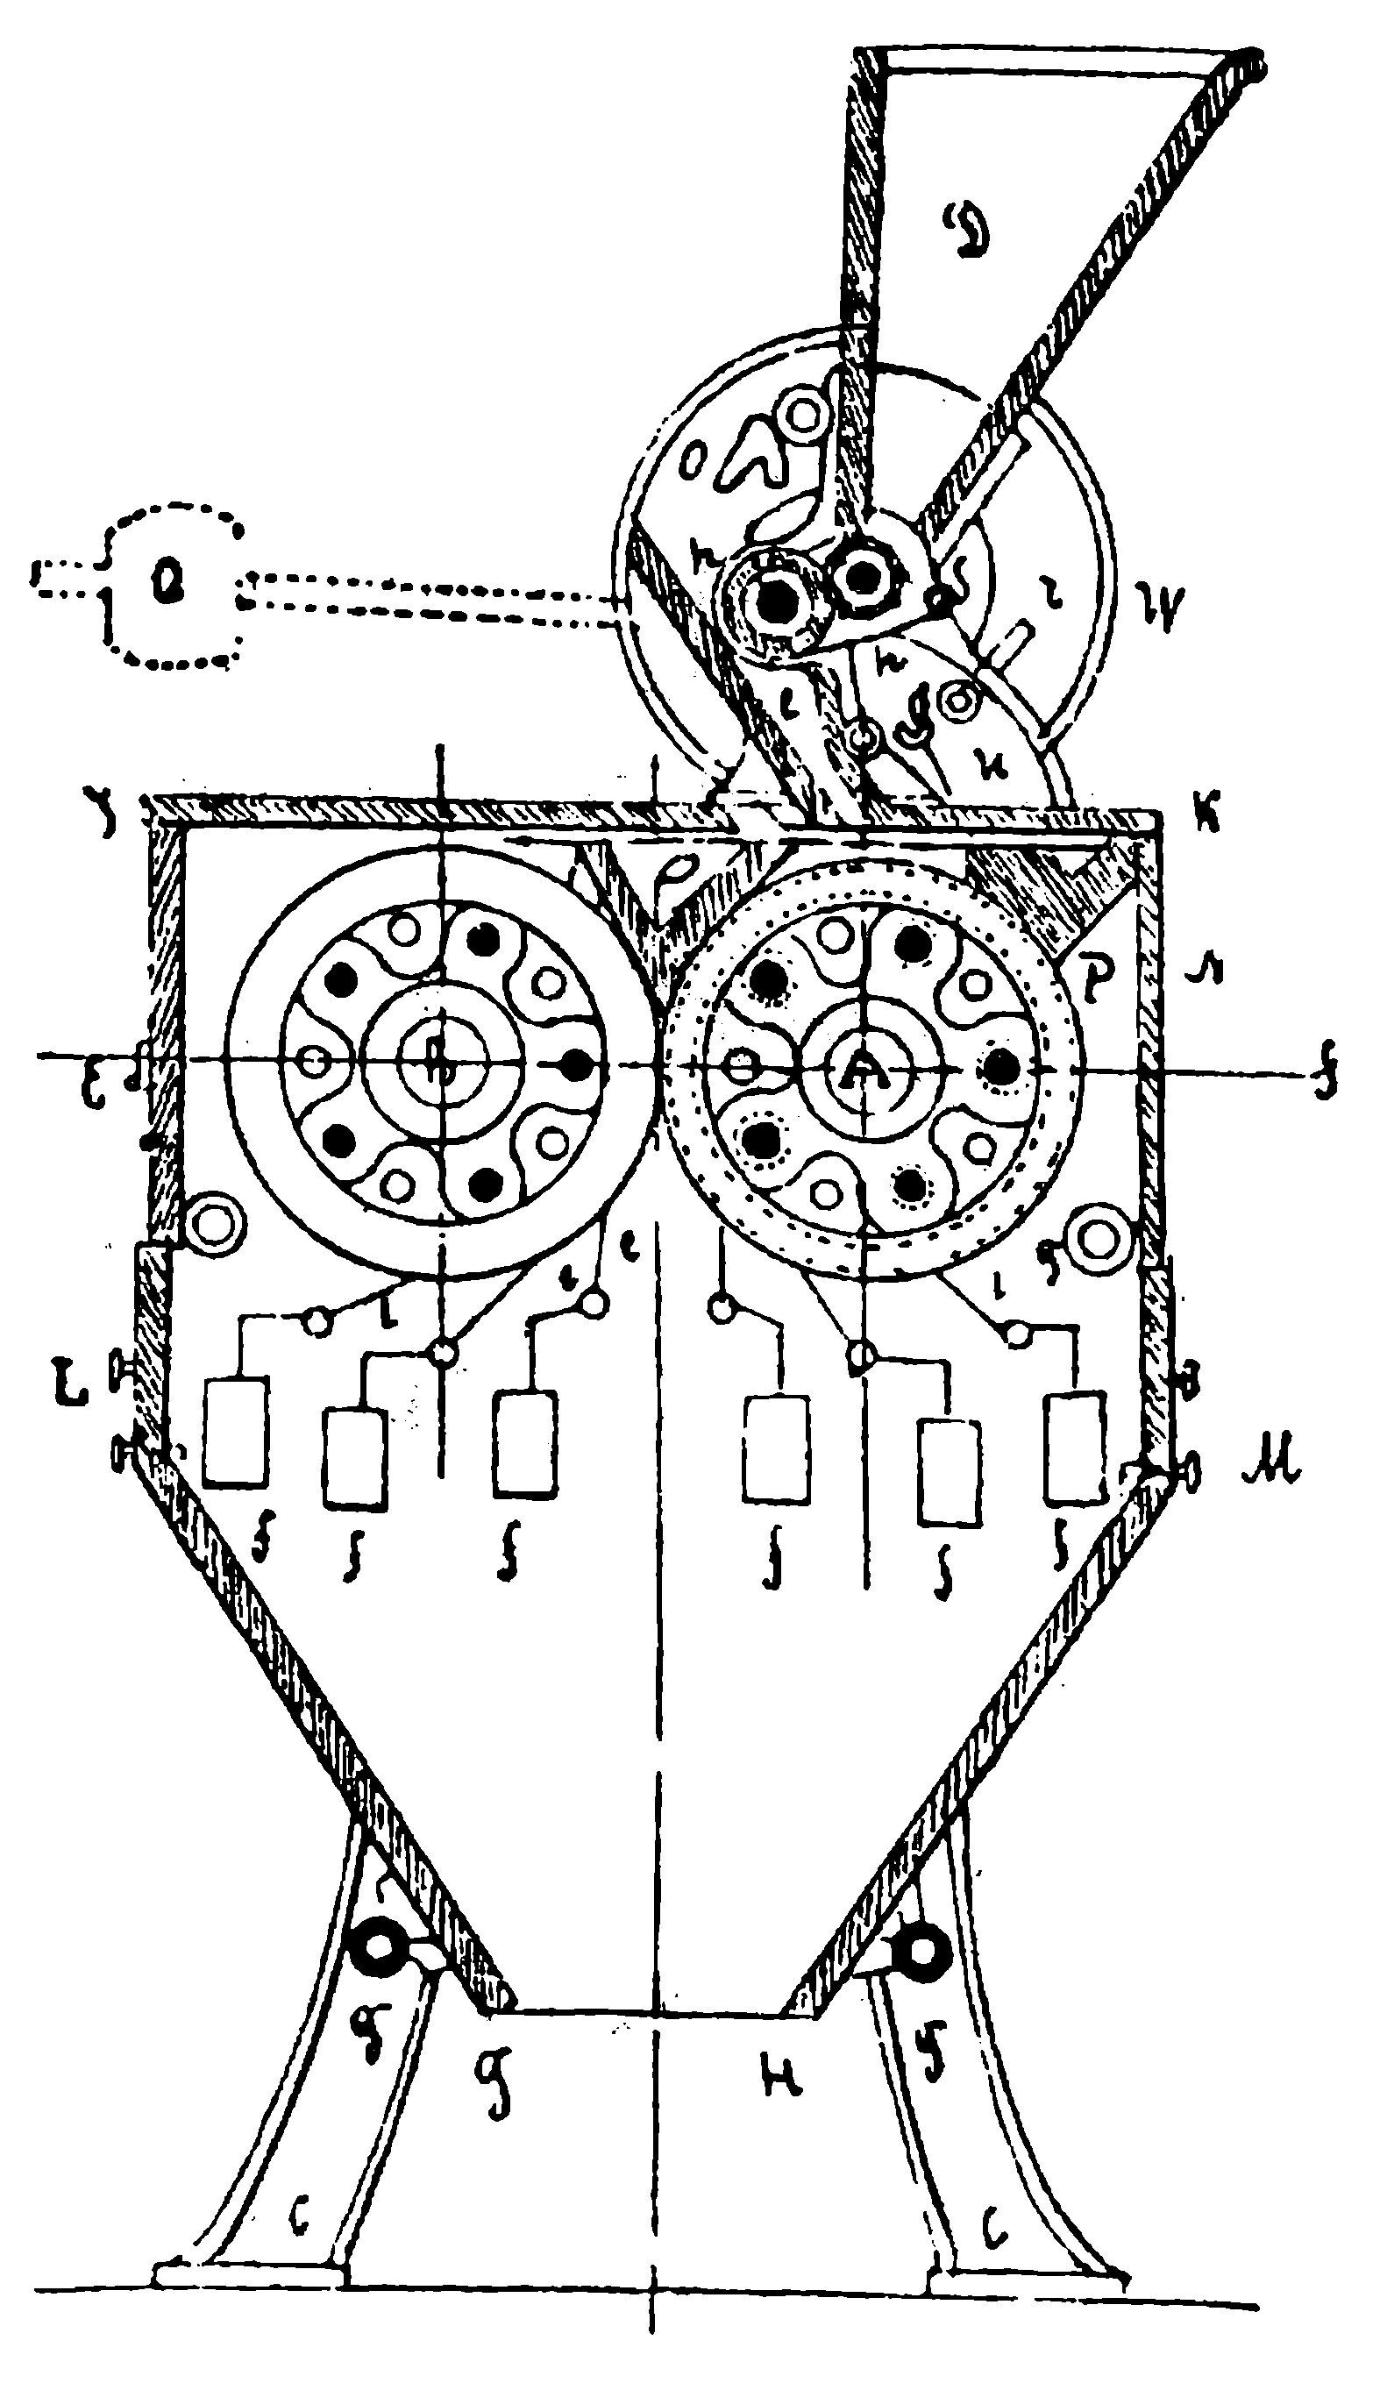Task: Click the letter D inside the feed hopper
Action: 963,231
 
